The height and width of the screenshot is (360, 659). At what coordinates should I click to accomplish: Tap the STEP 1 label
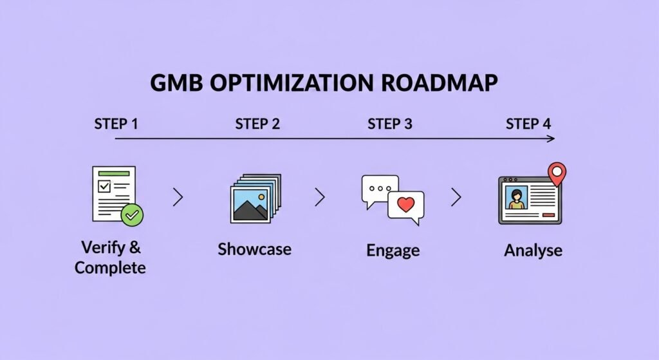coord(116,124)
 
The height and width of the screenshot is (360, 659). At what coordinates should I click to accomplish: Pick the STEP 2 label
coord(257,124)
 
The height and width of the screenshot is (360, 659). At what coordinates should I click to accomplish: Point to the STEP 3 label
coord(389,124)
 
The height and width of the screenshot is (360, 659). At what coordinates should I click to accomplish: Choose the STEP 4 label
coord(528,124)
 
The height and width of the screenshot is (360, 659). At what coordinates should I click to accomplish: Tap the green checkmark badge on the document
coord(133,215)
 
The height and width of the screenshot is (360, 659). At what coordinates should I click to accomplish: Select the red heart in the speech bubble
coord(405,205)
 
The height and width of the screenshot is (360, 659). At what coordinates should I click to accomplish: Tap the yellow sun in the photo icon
coord(261,196)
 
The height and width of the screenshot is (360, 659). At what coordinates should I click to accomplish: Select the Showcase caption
coord(254,249)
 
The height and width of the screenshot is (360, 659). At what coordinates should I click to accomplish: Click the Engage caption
coord(393,250)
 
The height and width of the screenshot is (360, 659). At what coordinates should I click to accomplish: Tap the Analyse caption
coord(533,250)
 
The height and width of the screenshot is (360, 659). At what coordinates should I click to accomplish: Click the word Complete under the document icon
coord(110,267)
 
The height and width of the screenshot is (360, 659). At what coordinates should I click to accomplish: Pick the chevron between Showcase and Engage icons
coord(319,198)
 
